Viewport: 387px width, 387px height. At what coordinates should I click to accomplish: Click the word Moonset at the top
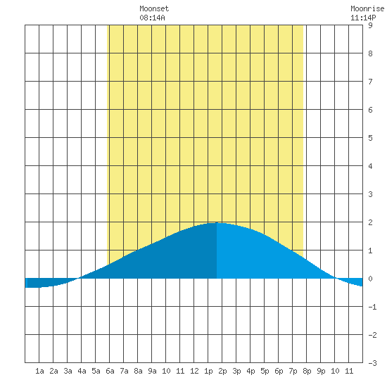(154, 8)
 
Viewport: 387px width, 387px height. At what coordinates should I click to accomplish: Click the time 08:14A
(152, 18)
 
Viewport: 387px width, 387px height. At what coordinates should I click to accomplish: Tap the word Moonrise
(367, 8)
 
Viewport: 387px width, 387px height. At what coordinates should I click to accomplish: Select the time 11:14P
(363, 18)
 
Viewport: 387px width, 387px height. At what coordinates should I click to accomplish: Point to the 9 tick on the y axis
(370, 25)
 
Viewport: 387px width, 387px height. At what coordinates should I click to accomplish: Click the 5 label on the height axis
(370, 138)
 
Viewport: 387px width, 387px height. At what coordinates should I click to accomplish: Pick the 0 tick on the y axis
(370, 279)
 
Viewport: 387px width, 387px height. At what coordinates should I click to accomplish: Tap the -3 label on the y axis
(372, 363)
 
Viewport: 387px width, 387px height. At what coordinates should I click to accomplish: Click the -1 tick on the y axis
(372, 307)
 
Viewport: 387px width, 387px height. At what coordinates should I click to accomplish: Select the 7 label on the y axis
(370, 82)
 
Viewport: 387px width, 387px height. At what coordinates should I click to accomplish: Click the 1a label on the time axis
(39, 371)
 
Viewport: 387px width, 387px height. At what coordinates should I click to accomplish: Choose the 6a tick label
(110, 371)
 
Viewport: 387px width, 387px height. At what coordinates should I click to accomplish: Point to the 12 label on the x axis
(194, 371)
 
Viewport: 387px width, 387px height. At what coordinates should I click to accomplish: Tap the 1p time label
(208, 371)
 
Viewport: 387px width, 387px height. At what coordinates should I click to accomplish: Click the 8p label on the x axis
(307, 371)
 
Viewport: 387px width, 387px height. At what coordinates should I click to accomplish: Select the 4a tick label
(82, 371)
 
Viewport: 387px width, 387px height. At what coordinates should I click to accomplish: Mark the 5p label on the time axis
(265, 371)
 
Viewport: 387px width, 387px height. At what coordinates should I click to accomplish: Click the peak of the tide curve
(217, 222)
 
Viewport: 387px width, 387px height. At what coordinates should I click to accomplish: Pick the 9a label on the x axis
(152, 371)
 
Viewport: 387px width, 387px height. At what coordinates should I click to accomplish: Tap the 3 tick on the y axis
(370, 194)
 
